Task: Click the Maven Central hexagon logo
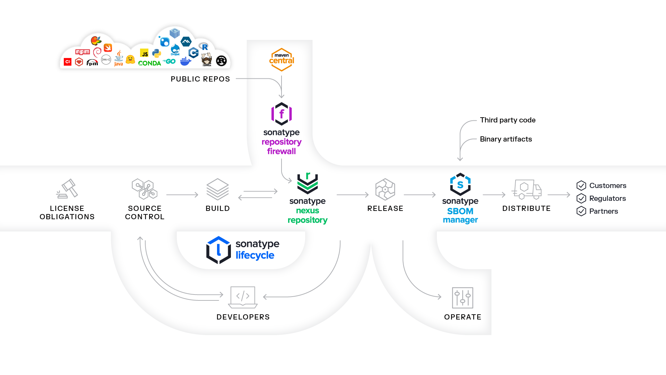(x=282, y=60)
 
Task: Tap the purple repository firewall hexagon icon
(x=282, y=114)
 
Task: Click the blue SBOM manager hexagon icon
(x=460, y=184)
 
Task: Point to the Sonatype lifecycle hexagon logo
(x=218, y=250)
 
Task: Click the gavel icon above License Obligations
(x=67, y=189)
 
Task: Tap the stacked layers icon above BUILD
(x=217, y=189)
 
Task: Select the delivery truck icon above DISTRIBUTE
(x=526, y=189)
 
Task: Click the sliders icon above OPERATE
(x=462, y=298)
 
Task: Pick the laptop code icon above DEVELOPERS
(x=243, y=297)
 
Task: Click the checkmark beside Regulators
(x=581, y=198)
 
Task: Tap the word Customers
(x=607, y=186)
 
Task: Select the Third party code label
(x=508, y=120)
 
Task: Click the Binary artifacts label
(x=506, y=139)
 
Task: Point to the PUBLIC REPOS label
(x=200, y=79)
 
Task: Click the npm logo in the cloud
(x=83, y=52)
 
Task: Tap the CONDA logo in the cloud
(x=149, y=63)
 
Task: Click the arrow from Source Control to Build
(x=182, y=195)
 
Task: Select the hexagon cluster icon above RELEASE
(x=385, y=189)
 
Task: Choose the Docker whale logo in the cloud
(x=185, y=62)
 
